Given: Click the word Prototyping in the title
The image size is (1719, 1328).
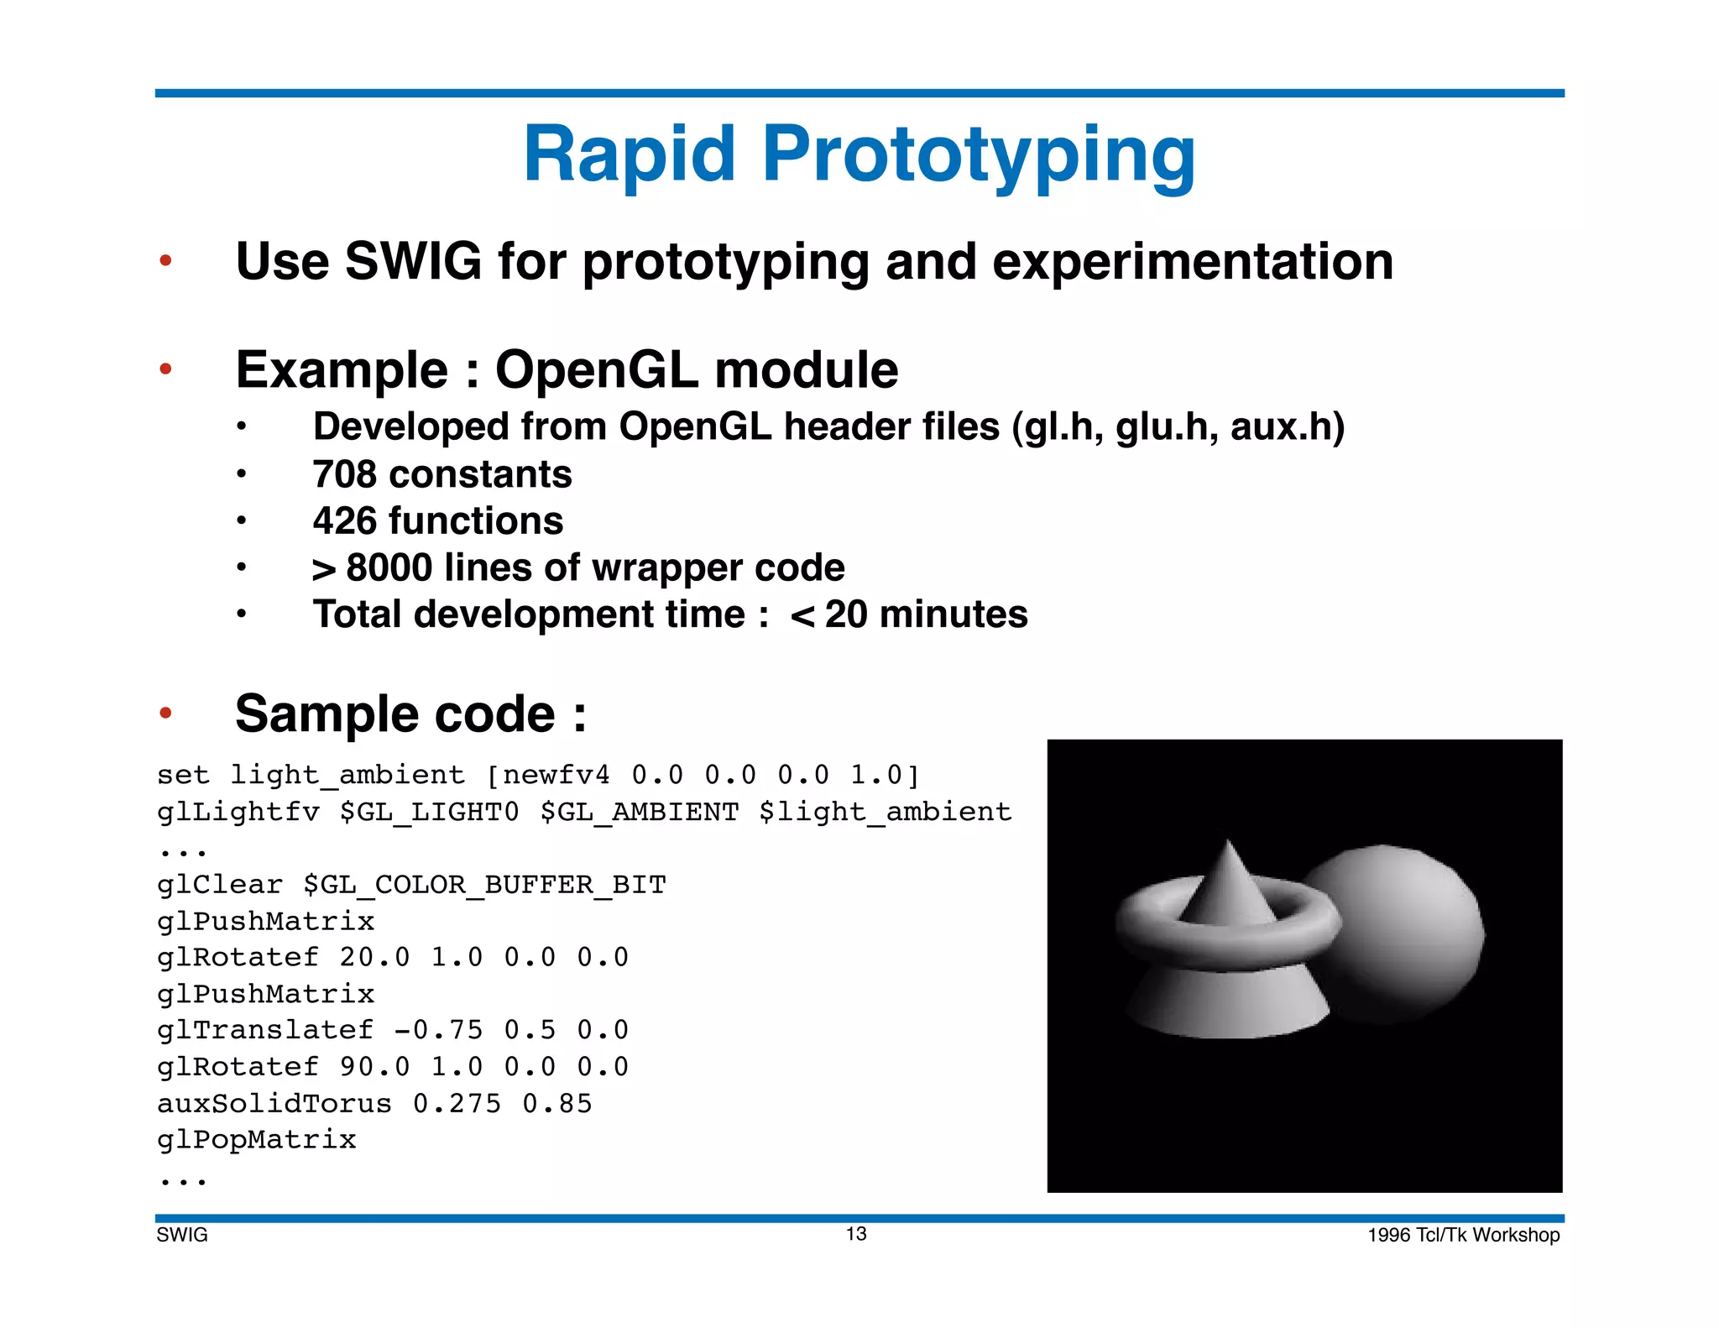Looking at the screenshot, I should coord(978,155).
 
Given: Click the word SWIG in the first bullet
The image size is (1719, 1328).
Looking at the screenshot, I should coord(413,261).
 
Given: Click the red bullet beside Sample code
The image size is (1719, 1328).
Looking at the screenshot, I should coord(165,714).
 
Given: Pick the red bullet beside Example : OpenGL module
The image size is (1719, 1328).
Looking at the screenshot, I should coord(165,369).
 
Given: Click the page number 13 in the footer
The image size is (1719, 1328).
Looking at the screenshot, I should coord(855,1233).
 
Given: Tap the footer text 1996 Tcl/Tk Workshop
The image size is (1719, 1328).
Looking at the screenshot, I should coord(1463,1235).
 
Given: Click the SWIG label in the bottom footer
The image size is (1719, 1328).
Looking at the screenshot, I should coord(182,1235).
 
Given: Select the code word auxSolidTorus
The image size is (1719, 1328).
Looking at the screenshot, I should coord(274,1103).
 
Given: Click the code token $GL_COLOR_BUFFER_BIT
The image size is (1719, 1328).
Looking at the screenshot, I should coord(484,885).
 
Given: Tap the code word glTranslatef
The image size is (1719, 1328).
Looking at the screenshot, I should coord(265,1030).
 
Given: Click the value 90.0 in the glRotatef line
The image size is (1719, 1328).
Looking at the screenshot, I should coord(374,1067).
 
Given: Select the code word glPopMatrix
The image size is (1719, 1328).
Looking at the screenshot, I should coord(257,1140).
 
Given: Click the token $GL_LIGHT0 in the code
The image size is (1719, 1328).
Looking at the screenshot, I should coord(429,812).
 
